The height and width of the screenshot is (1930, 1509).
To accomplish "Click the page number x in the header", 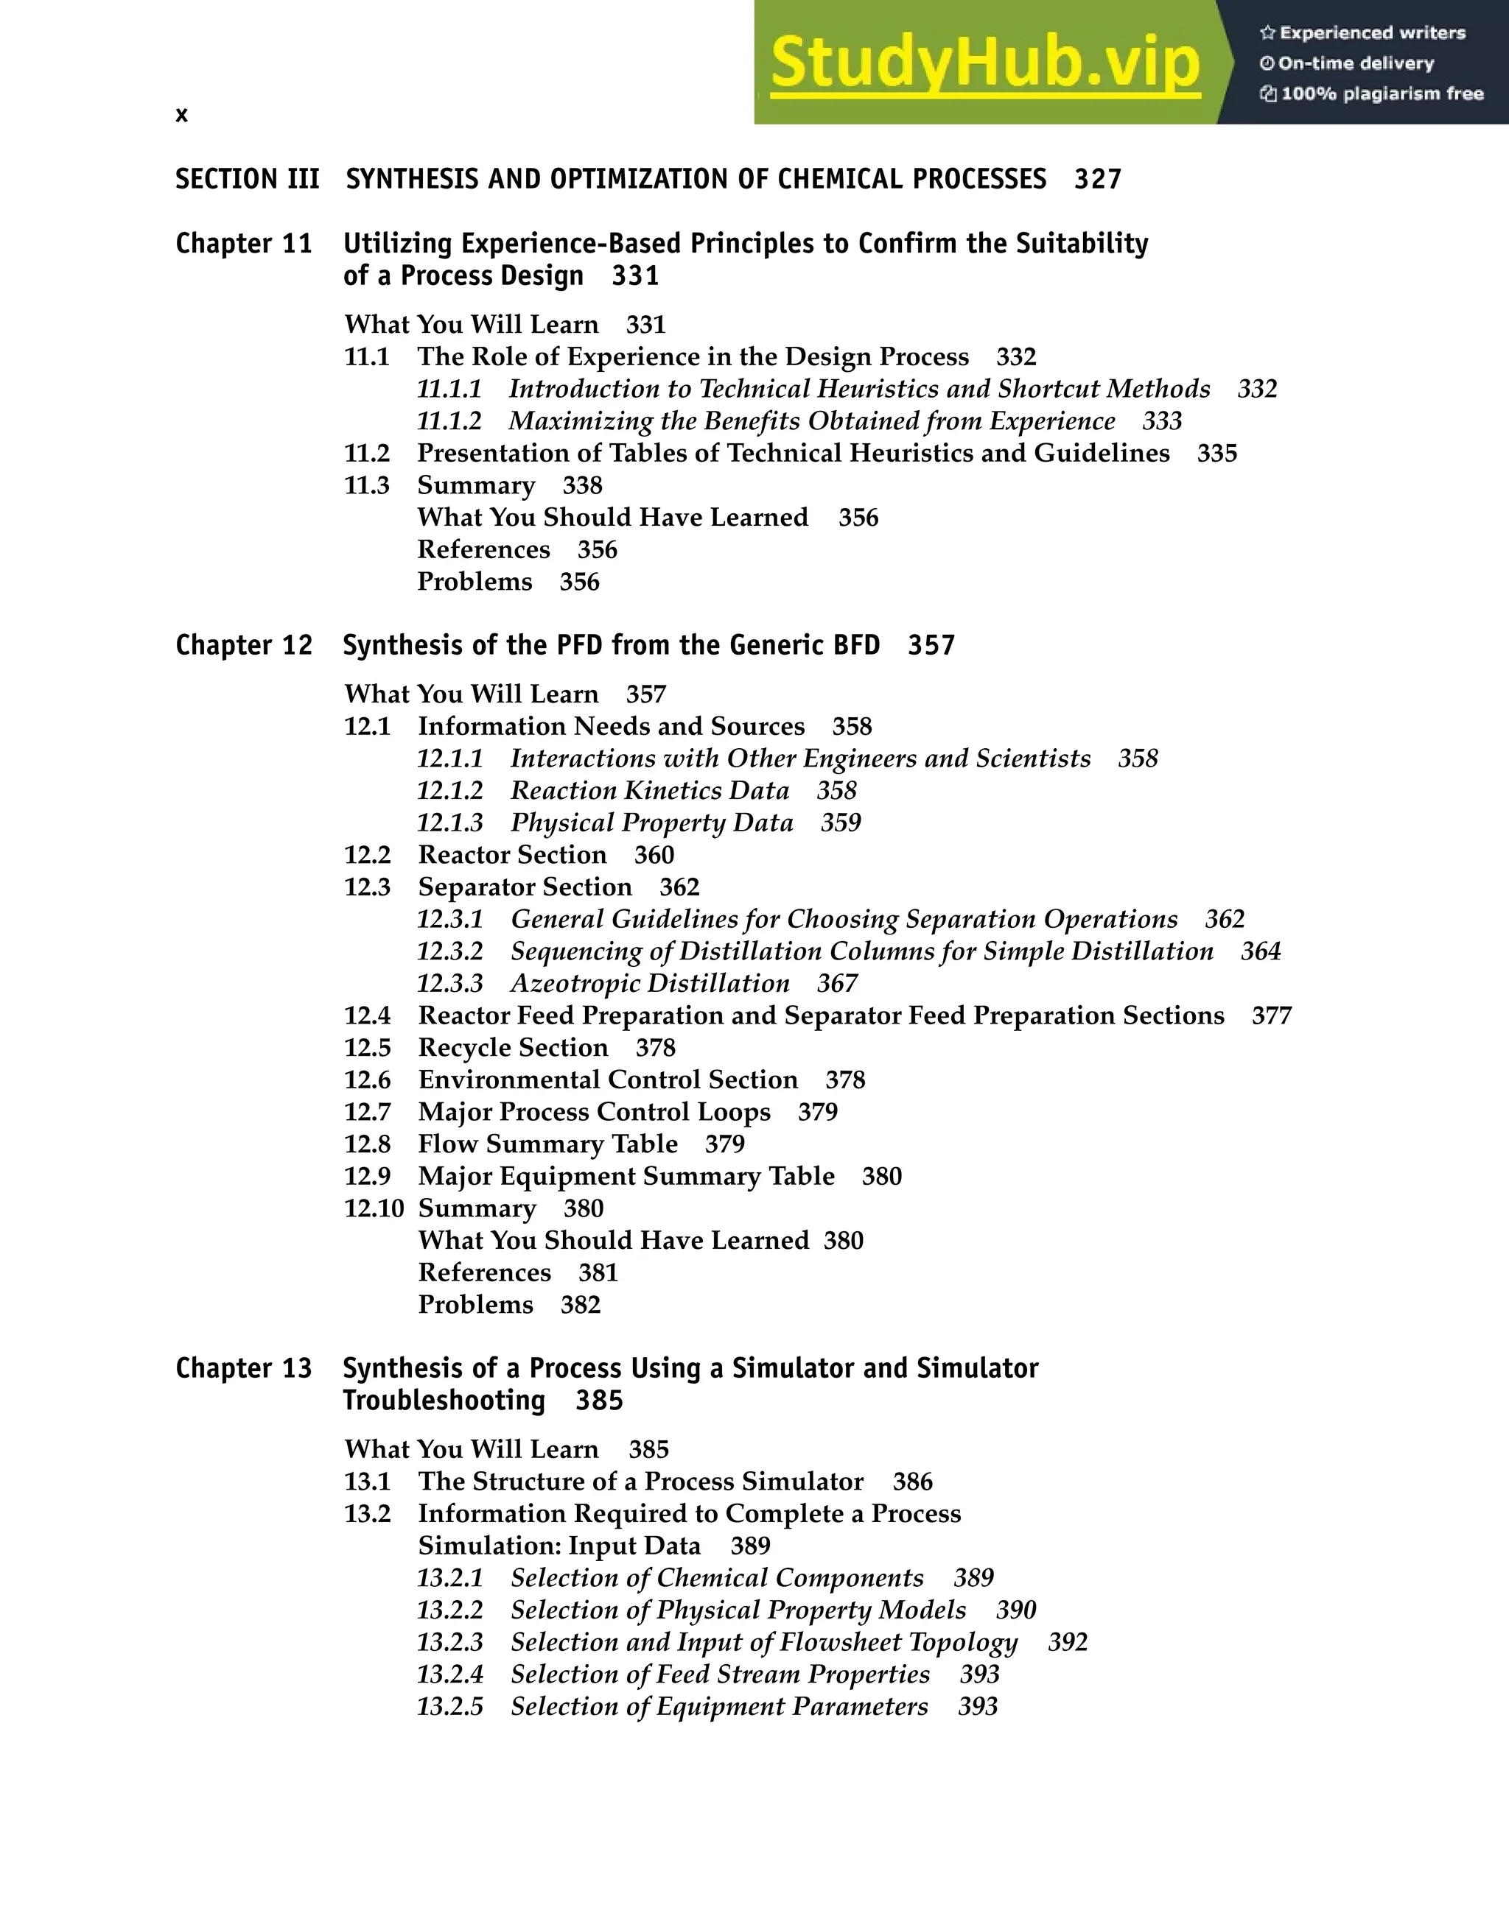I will tap(181, 115).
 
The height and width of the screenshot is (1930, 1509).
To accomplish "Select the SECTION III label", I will tap(247, 180).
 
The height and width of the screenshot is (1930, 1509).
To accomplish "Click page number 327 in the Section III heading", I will tap(1097, 180).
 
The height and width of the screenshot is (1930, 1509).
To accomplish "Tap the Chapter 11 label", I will tap(244, 244).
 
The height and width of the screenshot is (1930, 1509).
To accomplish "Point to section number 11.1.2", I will tap(449, 421).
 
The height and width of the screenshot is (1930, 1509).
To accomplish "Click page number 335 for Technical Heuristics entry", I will tap(1216, 454).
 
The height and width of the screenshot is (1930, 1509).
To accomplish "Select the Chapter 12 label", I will tap(244, 645).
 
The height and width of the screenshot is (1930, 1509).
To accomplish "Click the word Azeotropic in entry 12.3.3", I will tap(571, 984).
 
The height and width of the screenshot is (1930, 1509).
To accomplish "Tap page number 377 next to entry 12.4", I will tap(1271, 1016).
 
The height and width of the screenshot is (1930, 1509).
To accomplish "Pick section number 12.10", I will tap(373, 1209).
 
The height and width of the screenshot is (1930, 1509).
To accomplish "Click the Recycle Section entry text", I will tap(513, 1048).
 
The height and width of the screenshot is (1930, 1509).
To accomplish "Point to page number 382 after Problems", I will tap(580, 1306).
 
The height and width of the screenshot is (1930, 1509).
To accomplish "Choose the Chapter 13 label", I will tap(244, 1368).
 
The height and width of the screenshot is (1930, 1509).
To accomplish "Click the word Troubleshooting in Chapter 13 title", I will tap(444, 1401).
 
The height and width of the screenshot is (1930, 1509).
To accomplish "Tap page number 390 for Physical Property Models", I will tap(1016, 1610).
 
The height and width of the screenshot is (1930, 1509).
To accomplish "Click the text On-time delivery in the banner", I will tap(1355, 63).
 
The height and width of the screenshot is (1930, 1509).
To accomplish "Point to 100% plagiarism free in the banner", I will tap(1382, 94).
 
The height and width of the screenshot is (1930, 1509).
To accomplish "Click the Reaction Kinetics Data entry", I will tap(649, 791).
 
